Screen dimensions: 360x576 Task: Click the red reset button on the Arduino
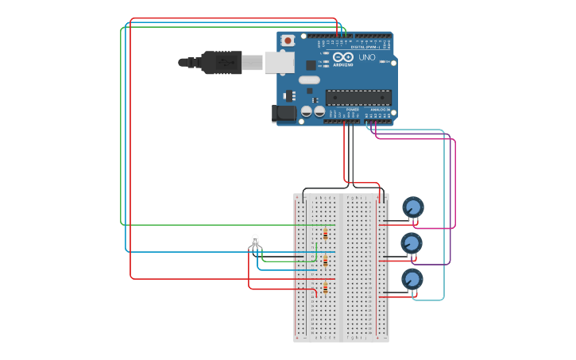tap(288, 40)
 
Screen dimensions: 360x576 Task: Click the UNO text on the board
tap(367, 57)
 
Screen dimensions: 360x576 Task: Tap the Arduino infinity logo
tap(343, 57)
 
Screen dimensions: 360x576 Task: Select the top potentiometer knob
tap(412, 207)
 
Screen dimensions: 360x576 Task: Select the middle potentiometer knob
tap(411, 243)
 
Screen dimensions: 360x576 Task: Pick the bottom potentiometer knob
tap(412, 279)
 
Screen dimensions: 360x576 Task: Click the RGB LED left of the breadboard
tap(255, 240)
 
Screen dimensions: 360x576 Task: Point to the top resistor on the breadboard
tap(326, 234)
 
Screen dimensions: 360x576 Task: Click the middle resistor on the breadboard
tap(326, 261)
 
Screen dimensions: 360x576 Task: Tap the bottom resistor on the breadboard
tap(326, 288)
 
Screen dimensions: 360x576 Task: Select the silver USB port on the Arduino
tap(278, 62)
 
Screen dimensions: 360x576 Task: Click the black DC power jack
tap(284, 114)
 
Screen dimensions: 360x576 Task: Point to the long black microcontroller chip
tap(358, 97)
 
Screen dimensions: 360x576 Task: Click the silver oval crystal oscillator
tap(309, 79)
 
